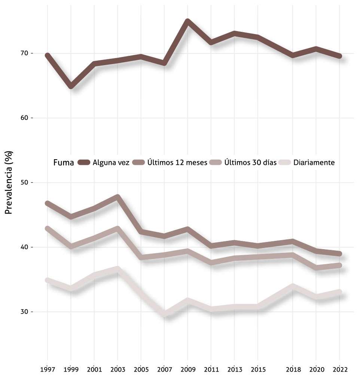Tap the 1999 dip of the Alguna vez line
pos(71,87)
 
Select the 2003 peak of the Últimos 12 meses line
pos(118,196)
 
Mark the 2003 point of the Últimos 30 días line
pos(118,228)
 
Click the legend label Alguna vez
pos(111,163)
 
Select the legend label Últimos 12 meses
pos(177,163)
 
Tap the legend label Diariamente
pos(314,163)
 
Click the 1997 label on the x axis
pos(48,369)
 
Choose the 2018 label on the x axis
pos(293,369)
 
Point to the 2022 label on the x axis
pos(340,369)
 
